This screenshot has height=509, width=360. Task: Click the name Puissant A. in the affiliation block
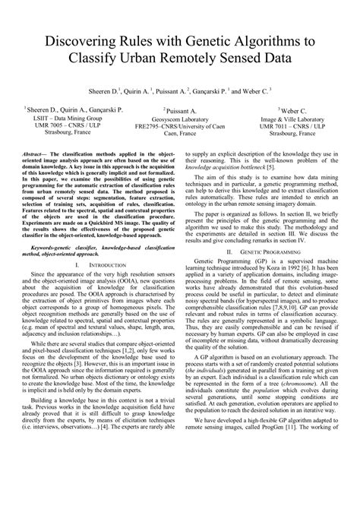[x=181, y=110]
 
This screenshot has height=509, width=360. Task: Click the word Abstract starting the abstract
[x=46, y=154]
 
